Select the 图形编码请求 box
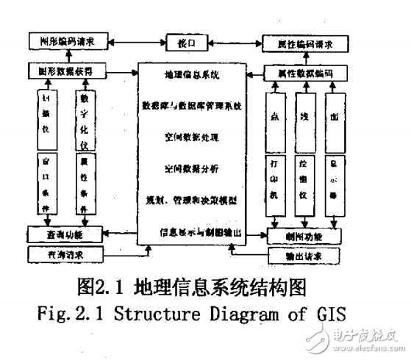coord(71,42)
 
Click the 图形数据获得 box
coord(71,71)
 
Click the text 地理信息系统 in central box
coord(193,76)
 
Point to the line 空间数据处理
coord(193,137)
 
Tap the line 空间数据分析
coord(193,168)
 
